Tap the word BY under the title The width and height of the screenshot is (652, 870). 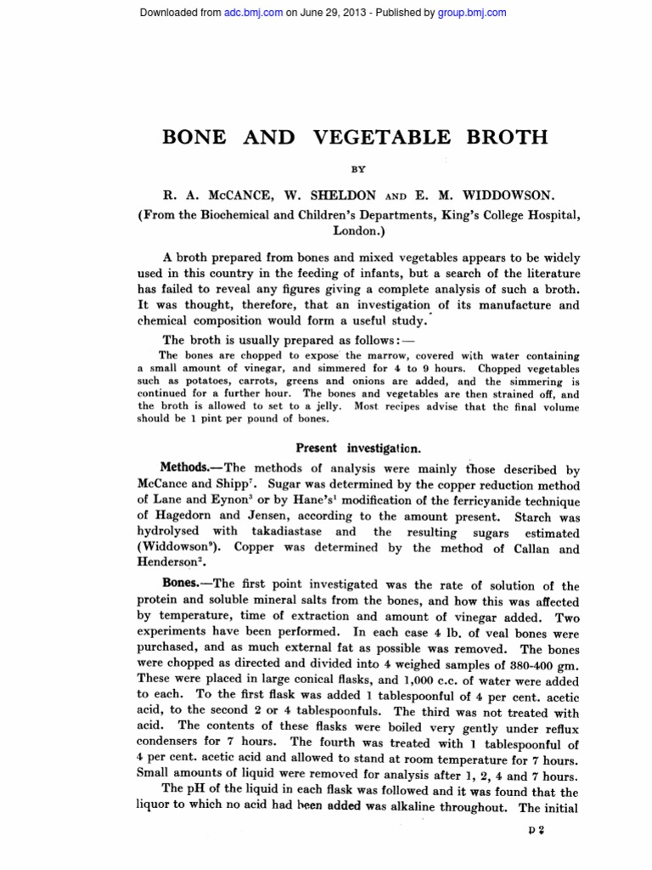tap(358, 169)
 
